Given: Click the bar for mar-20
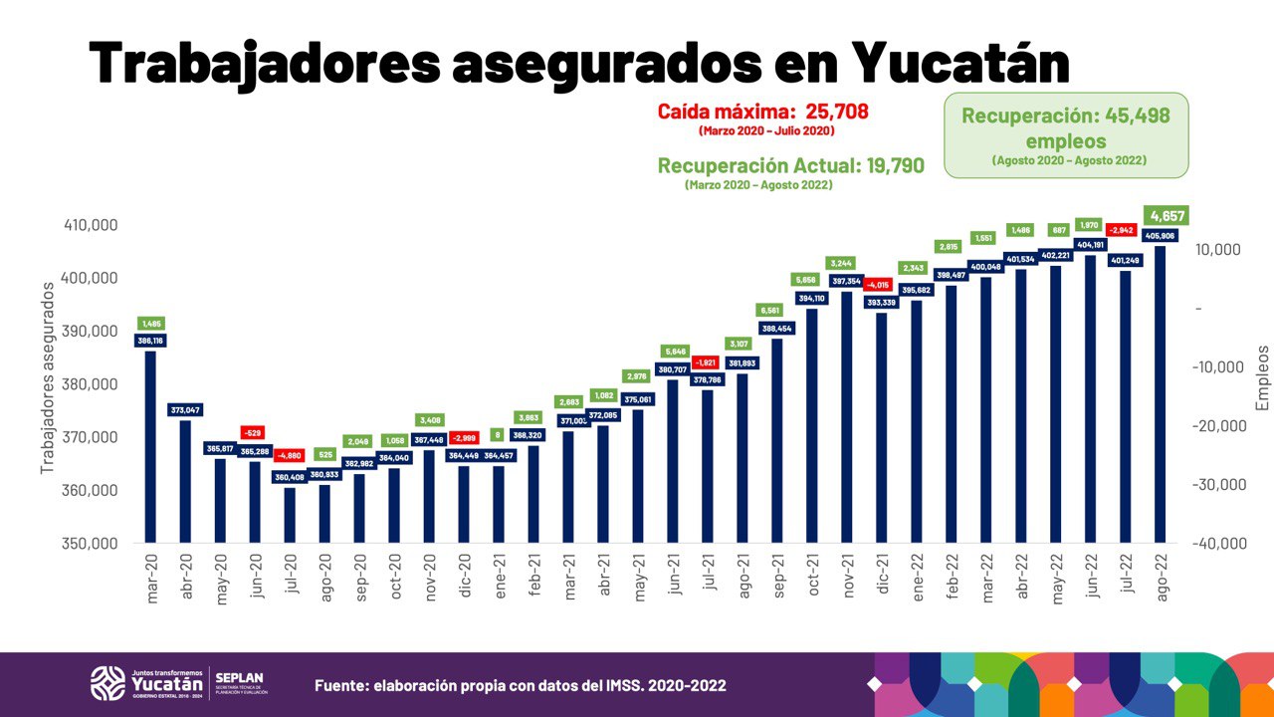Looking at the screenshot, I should coord(150,448).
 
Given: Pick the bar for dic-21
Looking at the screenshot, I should coord(881,428).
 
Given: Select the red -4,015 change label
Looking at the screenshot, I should coord(881,284).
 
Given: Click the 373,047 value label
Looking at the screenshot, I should coord(185,409).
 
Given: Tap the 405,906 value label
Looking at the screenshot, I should coord(1161,236).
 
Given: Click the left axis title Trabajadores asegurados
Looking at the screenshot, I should coord(48,376).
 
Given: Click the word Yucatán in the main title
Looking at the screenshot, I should coord(961,63).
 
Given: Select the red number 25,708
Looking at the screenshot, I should coord(829,111).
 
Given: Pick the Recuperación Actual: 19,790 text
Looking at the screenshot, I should coord(791,164).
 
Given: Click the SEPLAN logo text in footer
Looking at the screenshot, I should coord(239,678).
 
